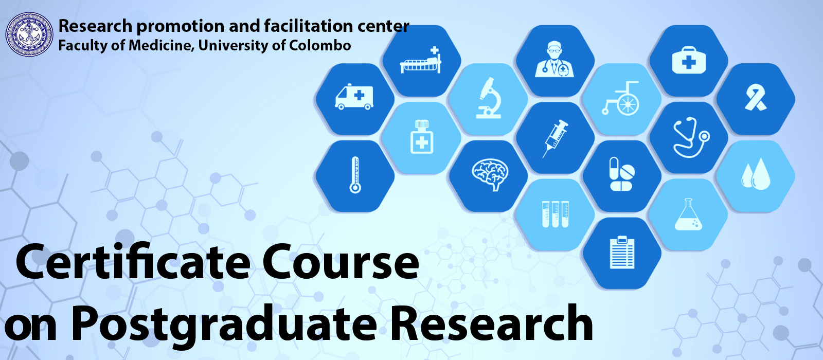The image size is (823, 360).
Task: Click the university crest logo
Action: pos(29,34)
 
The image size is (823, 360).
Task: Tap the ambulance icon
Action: pos(354,97)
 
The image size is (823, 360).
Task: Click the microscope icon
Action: pos(489,98)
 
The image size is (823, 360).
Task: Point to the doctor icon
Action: pos(554,59)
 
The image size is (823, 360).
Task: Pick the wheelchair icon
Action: pos(621,98)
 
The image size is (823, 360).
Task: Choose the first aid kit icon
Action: pos(689,60)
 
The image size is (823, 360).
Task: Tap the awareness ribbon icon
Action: pos(756,97)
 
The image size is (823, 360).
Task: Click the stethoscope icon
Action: pos(691,137)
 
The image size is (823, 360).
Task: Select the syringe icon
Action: pos(555,138)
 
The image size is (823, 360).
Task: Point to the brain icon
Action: pos(490,174)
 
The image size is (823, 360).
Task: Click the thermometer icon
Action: pos(355,175)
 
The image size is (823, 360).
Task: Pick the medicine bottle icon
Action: pos(422,137)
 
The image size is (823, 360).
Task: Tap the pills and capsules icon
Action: pos(621,174)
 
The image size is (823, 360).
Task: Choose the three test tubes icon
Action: pos(555,214)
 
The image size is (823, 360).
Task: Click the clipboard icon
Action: pos(622,253)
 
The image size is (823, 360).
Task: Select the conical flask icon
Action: pos(688,214)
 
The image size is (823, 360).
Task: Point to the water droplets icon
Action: pos(756,174)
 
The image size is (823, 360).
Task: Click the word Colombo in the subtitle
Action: pos(320,46)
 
